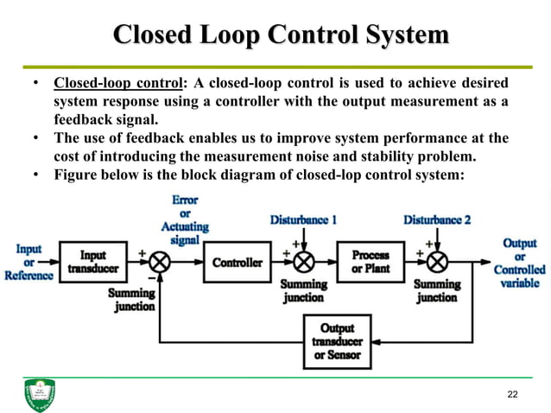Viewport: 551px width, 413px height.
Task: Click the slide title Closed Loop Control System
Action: click(x=281, y=35)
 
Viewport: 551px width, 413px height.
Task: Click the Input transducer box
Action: click(x=92, y=262)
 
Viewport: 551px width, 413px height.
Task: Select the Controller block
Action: click(x=237, y=262)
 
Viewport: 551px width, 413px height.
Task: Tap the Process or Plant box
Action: click(x=370, y=261)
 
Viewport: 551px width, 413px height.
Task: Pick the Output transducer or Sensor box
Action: click(x=337, y=341)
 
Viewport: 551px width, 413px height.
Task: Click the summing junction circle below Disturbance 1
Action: click(x=302, y=262)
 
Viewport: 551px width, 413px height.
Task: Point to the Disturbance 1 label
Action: click(x=303, y=219)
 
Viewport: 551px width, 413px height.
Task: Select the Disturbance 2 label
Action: click(x=437, y=219)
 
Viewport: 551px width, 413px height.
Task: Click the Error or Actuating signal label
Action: click(x=185, y=219)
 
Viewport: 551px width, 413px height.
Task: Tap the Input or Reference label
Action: click(x=28, y=262)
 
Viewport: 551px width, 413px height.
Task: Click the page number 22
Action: click(x=513, y=395)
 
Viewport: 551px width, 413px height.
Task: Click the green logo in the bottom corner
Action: click(x=39, y=395)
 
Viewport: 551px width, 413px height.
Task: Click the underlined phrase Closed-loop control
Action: click(x=119, y=85)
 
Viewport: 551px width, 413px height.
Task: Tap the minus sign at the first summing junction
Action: click(x=151, y=278)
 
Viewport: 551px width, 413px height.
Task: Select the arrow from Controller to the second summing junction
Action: click(x=279, y=262)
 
